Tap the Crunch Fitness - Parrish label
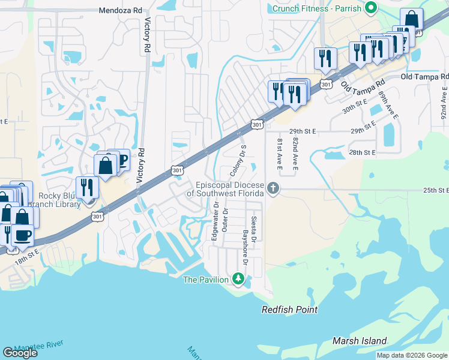click(318, 8)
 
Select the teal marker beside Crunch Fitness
click(372, 8)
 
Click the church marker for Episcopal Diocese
click(273, 188)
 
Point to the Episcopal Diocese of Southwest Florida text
click(225, 188)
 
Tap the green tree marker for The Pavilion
click(238, 279)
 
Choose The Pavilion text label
click(206, 280)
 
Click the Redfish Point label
click(289, 310)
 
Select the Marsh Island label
click(360, 341)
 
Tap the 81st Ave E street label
click(280, 153)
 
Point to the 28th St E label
click(362, 153)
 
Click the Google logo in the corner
click(20, 353)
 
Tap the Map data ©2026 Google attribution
click(411, 355)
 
